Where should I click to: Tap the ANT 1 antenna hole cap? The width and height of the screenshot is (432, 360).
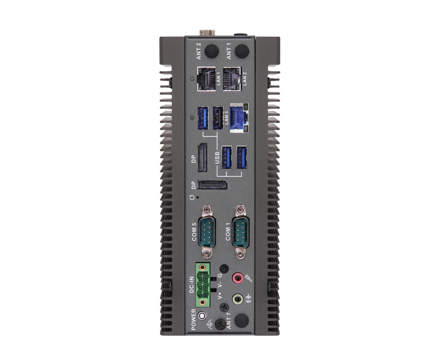[242, 51]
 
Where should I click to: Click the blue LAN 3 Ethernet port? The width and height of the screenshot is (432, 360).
[239, 117]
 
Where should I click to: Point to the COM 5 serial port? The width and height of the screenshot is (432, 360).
[207, 233]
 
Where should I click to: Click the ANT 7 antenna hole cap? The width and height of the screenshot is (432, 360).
[242, 320]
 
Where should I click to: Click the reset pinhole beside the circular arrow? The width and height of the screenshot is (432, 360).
[198, 197]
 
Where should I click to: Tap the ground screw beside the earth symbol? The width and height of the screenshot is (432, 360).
[222, 323]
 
